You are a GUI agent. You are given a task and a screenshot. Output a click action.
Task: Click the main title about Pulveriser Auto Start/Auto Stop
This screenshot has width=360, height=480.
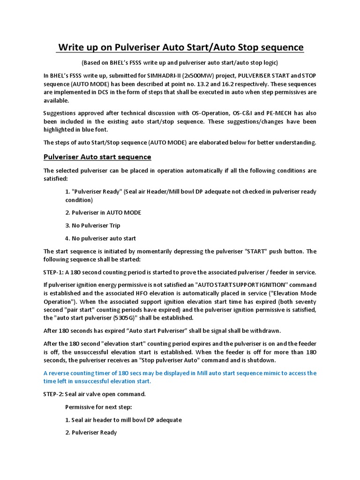pos(180,47)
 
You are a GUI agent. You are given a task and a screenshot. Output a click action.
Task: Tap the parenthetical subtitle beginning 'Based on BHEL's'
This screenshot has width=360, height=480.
pos(180,63)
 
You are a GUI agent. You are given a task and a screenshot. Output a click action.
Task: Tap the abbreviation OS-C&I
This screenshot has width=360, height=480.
pos(238,113)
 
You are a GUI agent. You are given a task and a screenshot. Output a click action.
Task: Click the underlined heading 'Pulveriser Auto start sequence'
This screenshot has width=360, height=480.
pos(97,157)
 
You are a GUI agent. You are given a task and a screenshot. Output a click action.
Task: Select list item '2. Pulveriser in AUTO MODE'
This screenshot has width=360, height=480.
pos(103,212)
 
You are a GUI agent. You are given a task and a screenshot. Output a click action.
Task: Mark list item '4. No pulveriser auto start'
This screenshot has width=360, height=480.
pos(101,239)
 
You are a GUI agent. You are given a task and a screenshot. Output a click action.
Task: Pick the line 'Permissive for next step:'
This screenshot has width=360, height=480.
pos(98,407)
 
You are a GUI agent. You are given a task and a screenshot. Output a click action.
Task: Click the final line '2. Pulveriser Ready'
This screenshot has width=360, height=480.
pos(91,433)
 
